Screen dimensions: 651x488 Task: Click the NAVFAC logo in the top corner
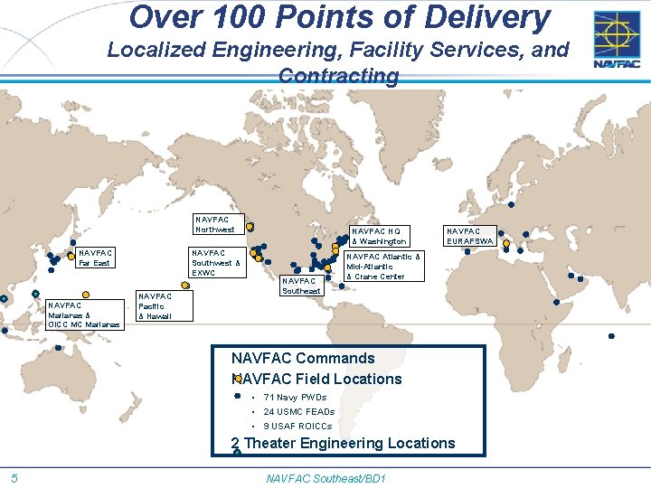point(617,40)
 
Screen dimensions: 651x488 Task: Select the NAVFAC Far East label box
point(96,258)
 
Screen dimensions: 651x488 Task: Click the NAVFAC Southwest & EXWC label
point(215,263)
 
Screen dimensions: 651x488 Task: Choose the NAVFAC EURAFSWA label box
point(469,236)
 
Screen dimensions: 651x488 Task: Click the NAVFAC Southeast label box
point(301,286)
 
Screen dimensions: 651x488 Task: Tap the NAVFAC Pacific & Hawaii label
point(155,306)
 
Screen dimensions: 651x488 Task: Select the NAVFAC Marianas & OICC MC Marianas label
point(84,314)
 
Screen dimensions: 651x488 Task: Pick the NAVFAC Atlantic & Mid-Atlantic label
point(383,267)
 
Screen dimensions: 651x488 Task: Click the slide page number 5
point(15,477)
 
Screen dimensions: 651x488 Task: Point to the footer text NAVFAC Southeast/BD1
point(326,477)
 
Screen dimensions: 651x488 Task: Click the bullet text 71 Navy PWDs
point(295,398)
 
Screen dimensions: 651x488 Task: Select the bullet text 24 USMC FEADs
point(298,412)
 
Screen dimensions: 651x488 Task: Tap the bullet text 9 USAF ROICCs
point(297,426)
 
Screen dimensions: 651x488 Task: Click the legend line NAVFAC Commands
point(303,359)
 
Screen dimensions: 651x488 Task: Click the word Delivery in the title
point(491,18)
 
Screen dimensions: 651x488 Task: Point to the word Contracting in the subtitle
point(338,77)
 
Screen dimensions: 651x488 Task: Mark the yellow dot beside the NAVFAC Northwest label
point(250,226)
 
